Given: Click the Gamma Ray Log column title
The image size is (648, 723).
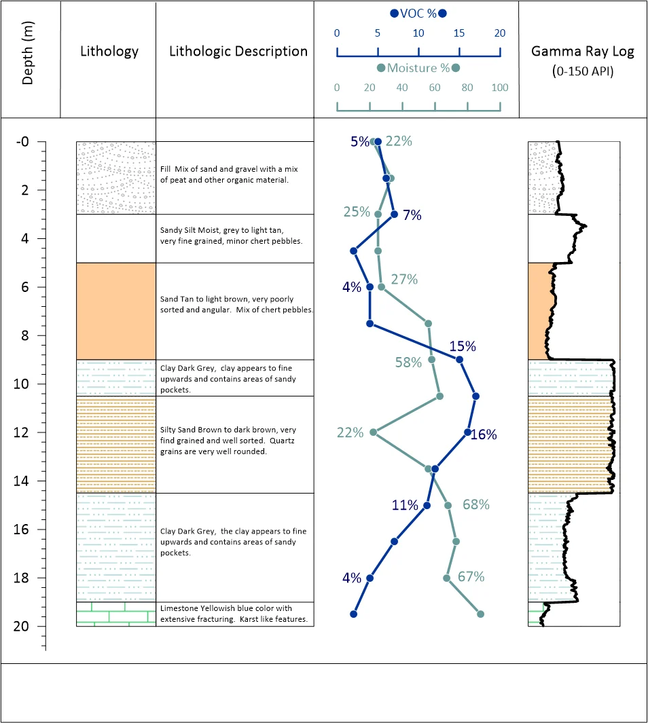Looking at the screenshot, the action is [x=583, y=51].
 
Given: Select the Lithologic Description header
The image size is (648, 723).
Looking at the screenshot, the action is [x=238, y=51].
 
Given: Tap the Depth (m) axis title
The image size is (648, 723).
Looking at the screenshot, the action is [x=27, y=53].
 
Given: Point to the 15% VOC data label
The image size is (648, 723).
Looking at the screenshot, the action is [x=463, y=346].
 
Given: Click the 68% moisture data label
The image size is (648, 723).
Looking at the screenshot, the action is [x=476, y=504].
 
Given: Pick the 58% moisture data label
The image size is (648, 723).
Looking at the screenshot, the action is [x=408, y=363].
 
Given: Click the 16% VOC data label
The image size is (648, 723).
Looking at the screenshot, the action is [x=484, y=434].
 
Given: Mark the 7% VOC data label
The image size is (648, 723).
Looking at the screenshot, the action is [x=412, y=215].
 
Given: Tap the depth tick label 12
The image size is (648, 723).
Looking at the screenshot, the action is [x=21, y=432].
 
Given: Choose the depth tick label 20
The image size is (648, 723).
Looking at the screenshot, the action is [x=21, y=626].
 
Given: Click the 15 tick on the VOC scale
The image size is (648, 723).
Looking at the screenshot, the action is [x=459, y=33].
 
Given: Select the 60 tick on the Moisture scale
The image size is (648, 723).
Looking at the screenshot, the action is [x=435, y=88].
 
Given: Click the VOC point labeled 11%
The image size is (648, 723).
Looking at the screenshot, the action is [x=427, y=505].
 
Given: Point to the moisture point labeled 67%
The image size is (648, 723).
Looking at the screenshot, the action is [x=446, y=578].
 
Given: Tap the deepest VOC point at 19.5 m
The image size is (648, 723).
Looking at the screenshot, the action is [x=353, y=614].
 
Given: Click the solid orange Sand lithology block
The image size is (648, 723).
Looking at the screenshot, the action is [x=116, y=311].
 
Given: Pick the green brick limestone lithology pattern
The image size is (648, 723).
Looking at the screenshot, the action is [x=116, y=614].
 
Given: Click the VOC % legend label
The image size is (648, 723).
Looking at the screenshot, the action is [x=418, y=14].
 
